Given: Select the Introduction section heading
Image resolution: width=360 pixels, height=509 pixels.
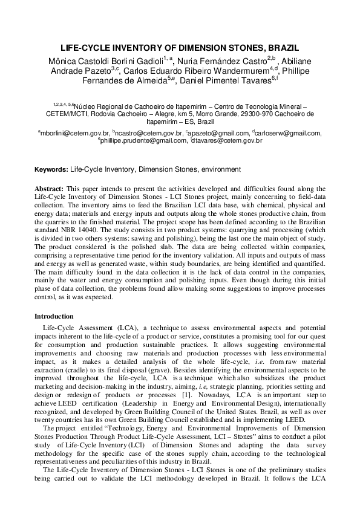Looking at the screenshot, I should tap(54, 316).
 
